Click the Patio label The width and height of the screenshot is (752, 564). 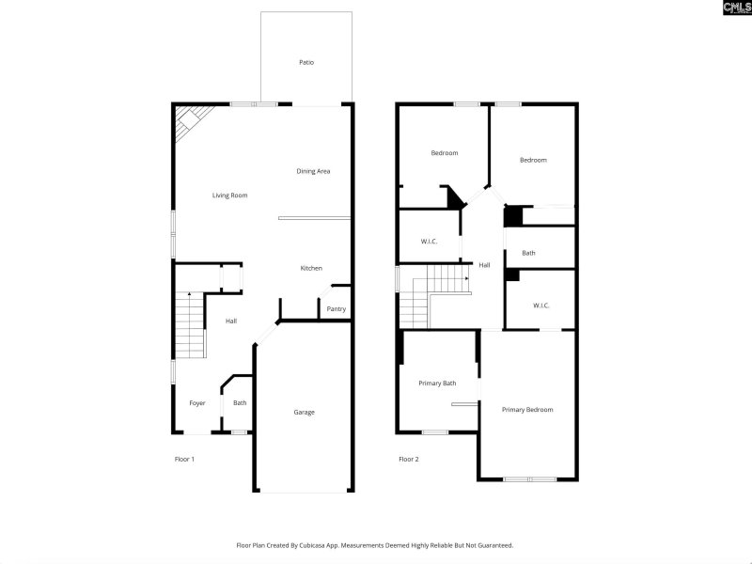coord(306,62)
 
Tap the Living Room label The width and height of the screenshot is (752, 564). coord(229,196)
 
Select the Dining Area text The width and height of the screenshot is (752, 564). coord(313,171)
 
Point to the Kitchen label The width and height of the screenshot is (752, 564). coord(311,268)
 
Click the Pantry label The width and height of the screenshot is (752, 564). coord(336,309)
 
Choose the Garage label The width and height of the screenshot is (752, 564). coord(304,412)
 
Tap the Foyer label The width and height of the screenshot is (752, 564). coord(196,403)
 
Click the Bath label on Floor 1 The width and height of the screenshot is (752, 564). coord(240,403)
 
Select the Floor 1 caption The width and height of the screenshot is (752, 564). coord(184,460)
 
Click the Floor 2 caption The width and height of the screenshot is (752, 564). coord(408,460)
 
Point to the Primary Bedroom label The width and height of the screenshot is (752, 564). coord(527,410)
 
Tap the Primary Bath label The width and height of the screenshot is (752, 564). coord(437,383)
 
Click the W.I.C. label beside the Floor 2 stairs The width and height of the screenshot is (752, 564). coord(430,242)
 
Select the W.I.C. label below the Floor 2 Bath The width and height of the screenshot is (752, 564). coord(540,305)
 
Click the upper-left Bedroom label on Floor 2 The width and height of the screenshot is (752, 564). coord(445,153)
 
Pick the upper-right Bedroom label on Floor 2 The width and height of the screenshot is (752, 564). coord(533,160)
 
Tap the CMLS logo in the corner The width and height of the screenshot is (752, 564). coord(736,8)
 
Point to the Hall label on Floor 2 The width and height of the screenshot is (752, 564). coord(484,265)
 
